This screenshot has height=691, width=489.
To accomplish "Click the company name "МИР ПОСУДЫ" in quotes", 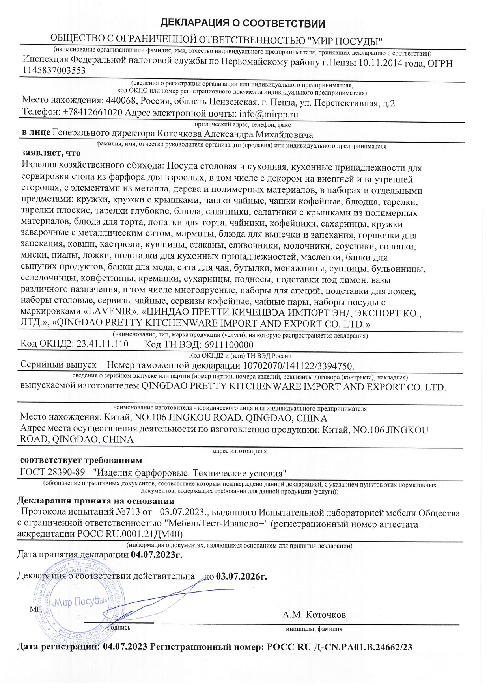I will click(345, 40).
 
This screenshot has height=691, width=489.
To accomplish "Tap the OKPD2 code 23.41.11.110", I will click(102, 344).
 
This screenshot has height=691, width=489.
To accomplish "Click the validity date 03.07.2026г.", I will click(241, 576).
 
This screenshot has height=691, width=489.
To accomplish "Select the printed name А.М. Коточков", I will click(314, 615).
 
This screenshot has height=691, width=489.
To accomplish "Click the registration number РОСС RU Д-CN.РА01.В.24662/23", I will click(340, 647).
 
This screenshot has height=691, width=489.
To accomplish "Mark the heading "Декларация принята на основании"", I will click(96, 501).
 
